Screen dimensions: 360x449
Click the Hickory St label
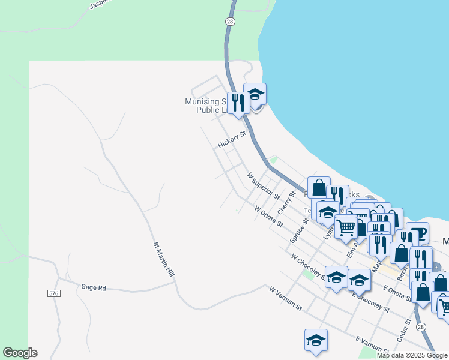tap(232, 140)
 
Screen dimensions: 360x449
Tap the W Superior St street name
tap(264, 186)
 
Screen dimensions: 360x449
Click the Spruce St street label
tap(298, 229)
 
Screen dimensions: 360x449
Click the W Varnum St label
tap(285, 298)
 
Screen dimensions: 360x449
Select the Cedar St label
tap(404, 329)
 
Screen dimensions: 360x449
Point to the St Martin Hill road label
tap(163, 259)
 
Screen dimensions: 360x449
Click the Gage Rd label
tap(94, 288)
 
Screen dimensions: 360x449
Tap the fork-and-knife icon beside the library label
tap(238, 103)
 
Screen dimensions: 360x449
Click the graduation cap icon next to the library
tap(255, 94)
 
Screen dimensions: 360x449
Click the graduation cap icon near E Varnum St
tap(316, 340)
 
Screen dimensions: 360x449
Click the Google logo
tap(20, 353)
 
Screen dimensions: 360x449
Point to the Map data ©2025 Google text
tap(412, 355)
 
